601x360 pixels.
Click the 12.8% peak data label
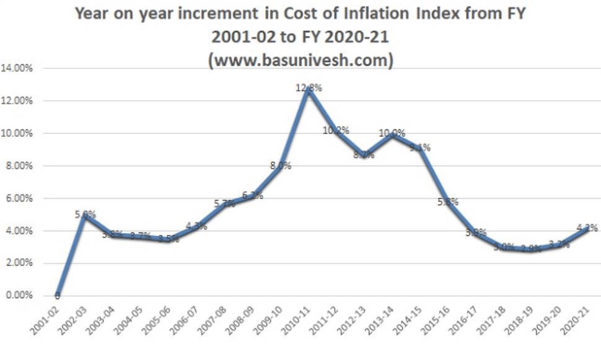309,88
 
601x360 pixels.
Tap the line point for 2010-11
307,89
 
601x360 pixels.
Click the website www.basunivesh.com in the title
300,61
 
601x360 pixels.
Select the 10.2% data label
336,130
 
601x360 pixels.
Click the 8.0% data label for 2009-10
280,165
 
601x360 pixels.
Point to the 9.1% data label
419,147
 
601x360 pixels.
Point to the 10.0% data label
392,133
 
